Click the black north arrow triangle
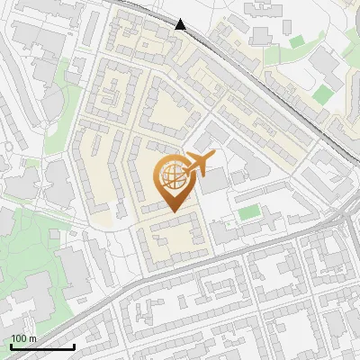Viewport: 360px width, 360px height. tap(181, 24)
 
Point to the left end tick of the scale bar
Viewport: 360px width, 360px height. tap(11, 345)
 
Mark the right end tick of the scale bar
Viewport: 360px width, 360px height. tap(74, 345)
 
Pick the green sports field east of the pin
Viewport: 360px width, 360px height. tap(249, 213)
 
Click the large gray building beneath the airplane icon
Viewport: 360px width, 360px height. tap(214, 181)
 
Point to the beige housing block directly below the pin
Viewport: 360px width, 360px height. tap(171, 237)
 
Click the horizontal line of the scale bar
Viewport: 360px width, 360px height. tap(42, 347)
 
